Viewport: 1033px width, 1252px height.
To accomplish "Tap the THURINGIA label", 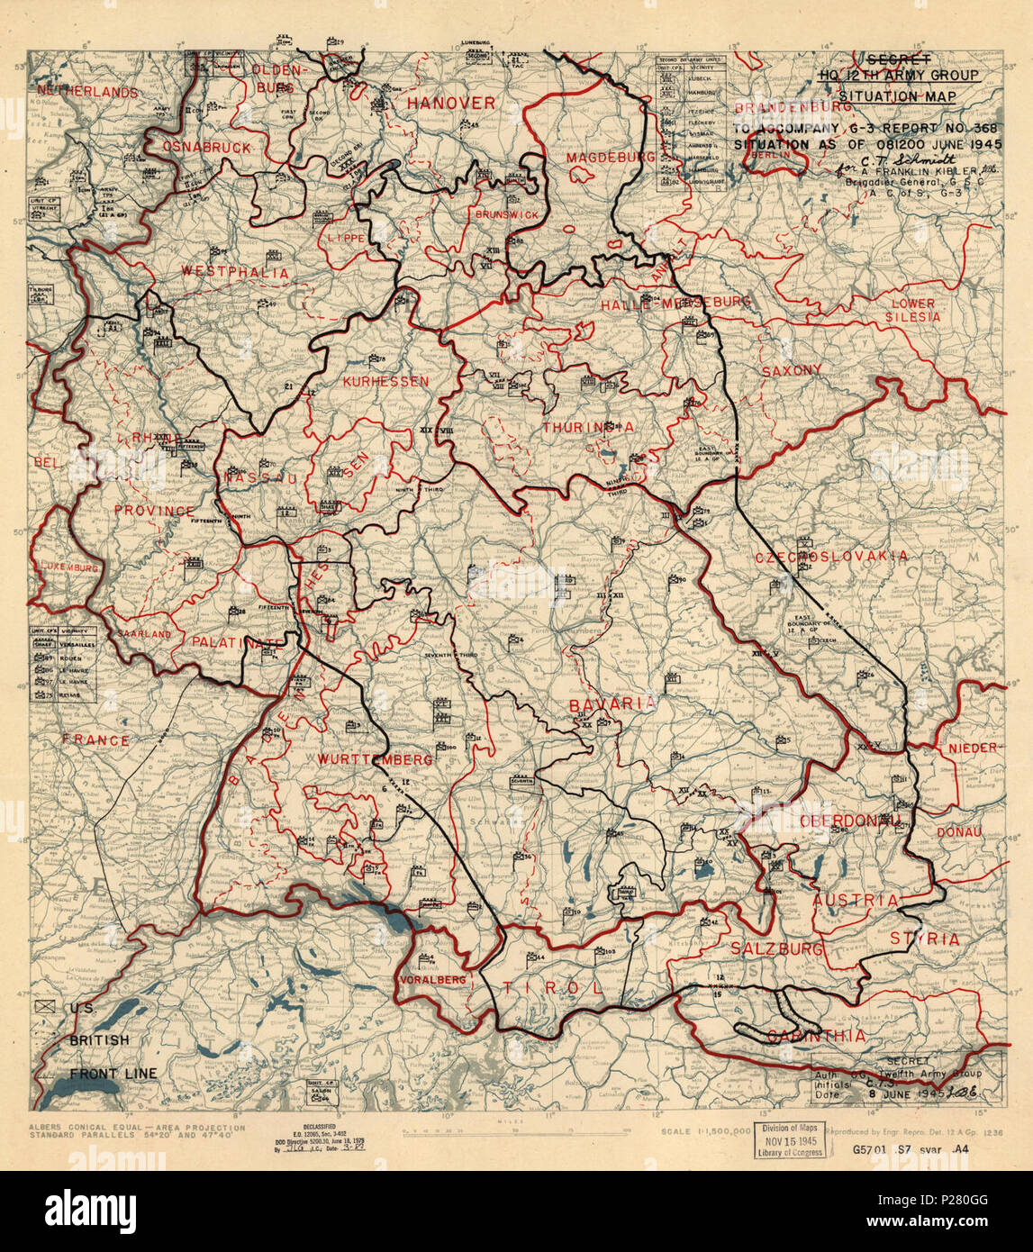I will pyautogui.click(x=587, y=427).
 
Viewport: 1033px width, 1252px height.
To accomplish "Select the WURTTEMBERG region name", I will pyautogui.click(x=375, y=759).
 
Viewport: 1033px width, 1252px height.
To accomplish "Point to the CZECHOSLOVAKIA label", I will pyautogui.click(x=831, y=557).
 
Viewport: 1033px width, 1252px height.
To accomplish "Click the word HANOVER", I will pyautogui.click(x=450, y=104).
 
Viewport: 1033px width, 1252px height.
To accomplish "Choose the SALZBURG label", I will pyautogui.click(x=776, y=948).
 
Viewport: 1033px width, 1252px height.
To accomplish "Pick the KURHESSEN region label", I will pyautogui.click(x=385, y=382).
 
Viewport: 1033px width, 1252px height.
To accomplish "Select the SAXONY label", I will pyautogui.click(x=791, y=370).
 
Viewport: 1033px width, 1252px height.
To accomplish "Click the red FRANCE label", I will pyautogui.click(x=95, y=739).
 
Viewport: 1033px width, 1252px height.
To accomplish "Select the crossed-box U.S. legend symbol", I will pyautogui.click(x=46, y=1010).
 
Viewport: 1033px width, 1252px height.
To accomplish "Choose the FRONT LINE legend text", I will pyautogui.click(x=113, y=1073).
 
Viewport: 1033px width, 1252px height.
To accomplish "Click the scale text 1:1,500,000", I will pyautogui.click(x=705, y=1130).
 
